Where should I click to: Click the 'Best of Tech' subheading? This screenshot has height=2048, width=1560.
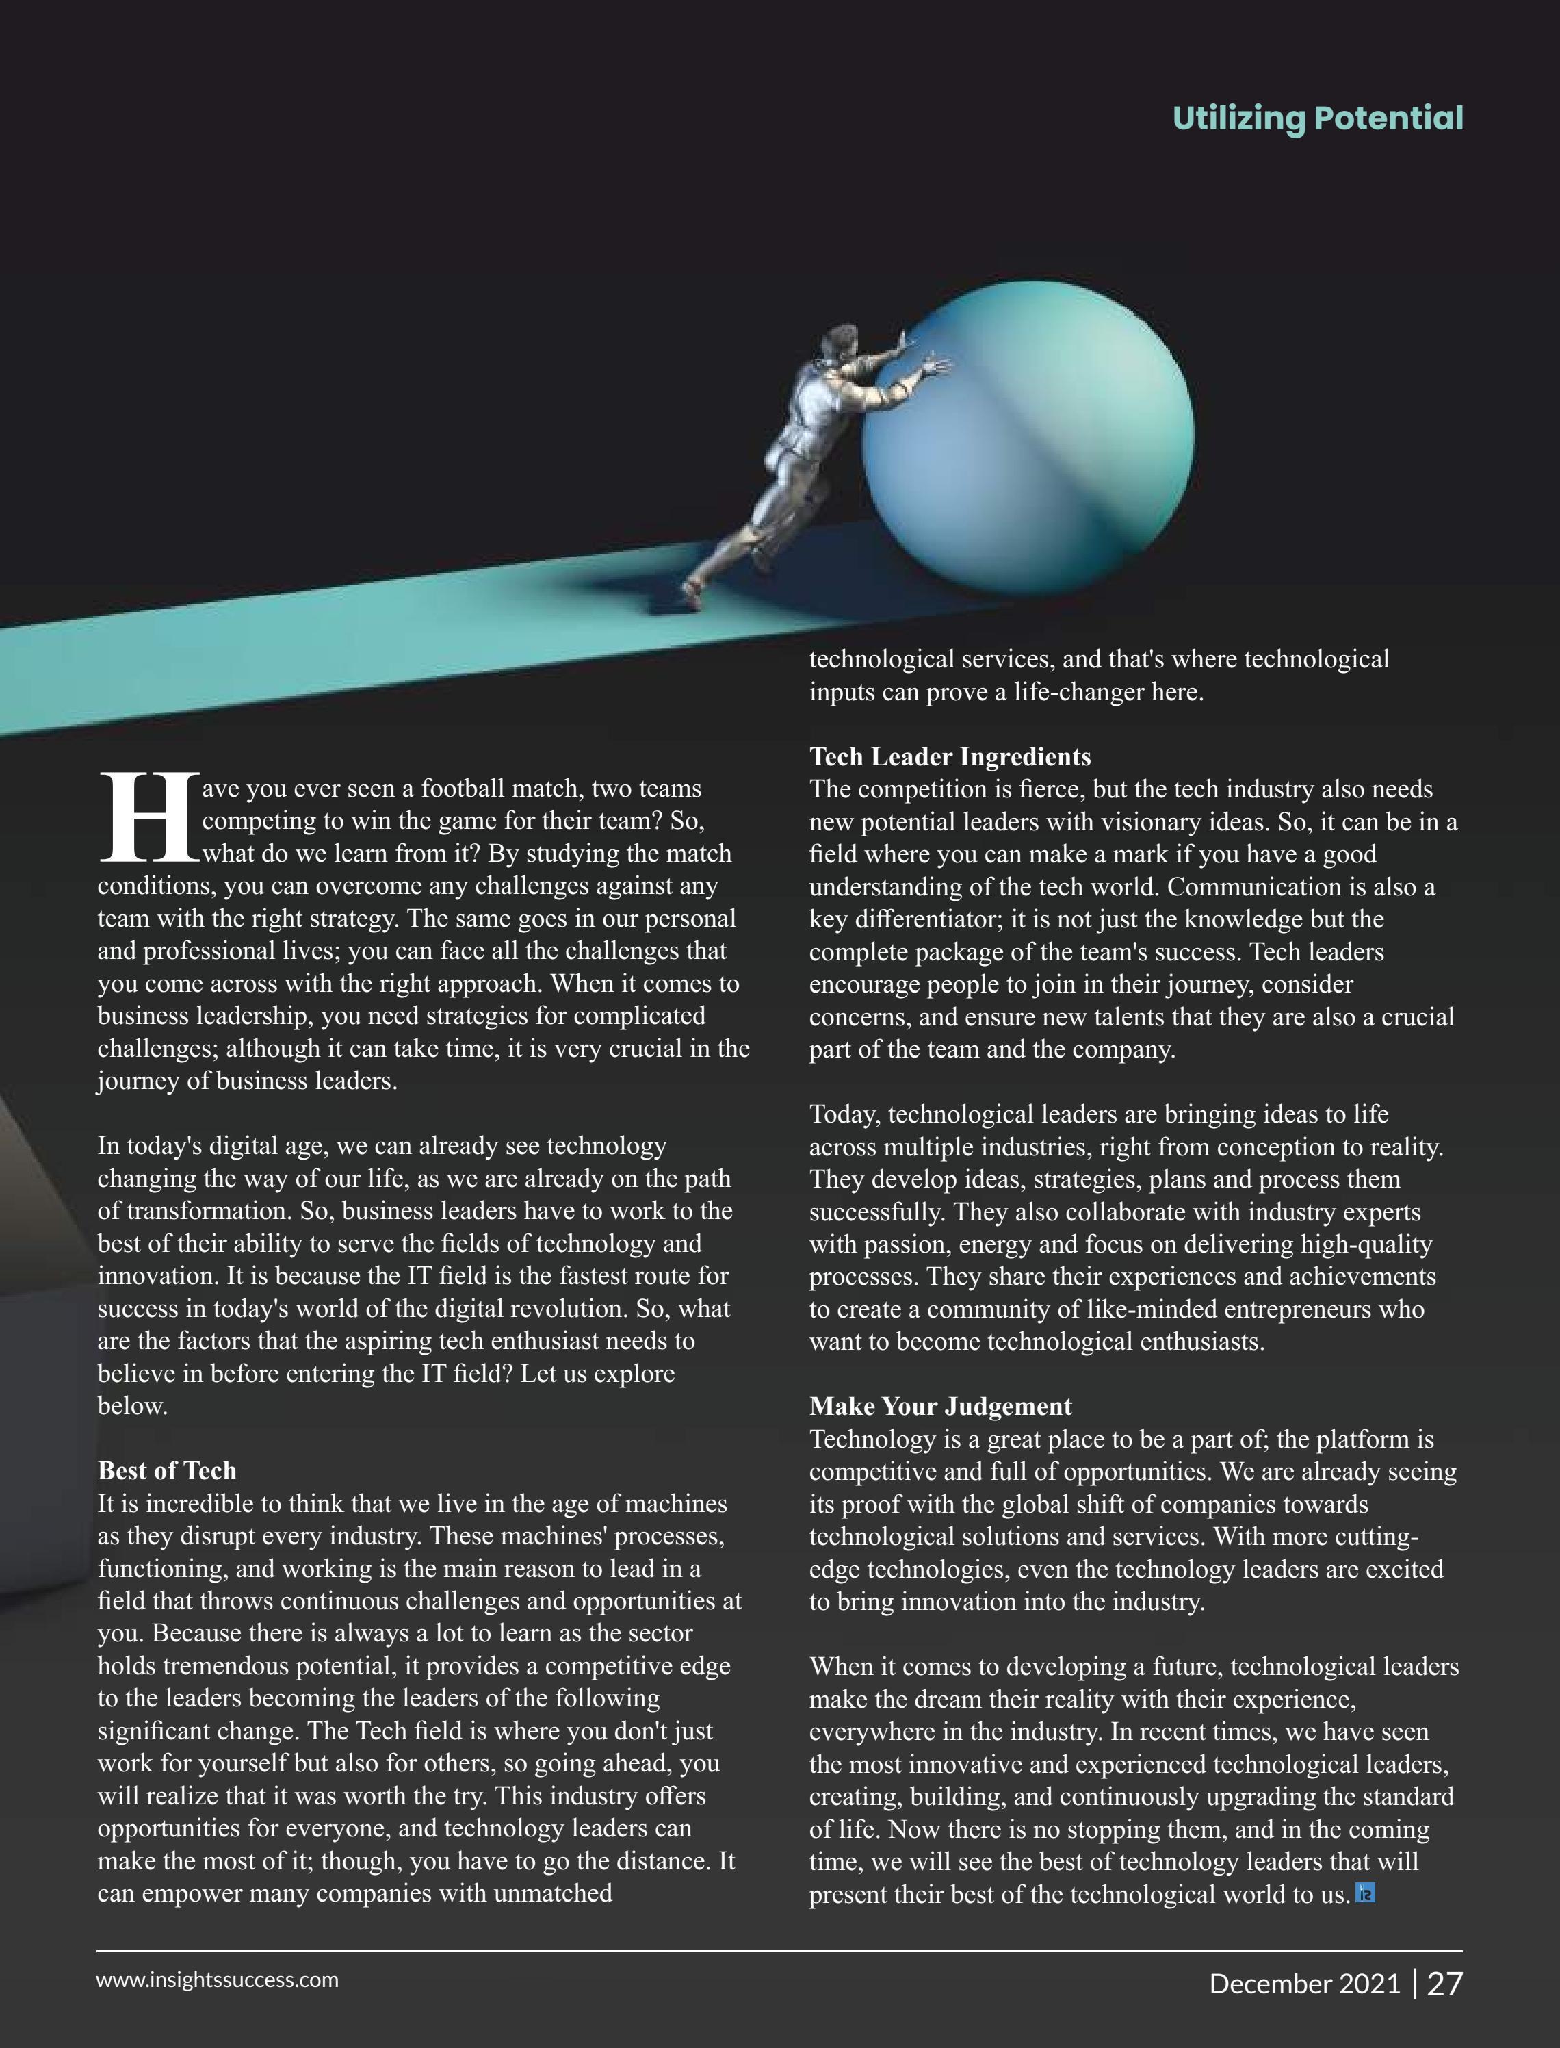(167, 1470)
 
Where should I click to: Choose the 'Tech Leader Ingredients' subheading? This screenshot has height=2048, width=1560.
(950, 756)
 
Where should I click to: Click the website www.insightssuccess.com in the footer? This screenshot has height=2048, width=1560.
(218, 1980)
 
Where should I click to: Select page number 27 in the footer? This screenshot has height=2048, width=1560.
(1444, 1984)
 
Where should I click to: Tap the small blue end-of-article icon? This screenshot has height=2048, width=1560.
(1365, 1893)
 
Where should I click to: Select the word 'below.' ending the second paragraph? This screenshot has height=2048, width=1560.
(133, 1406)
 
